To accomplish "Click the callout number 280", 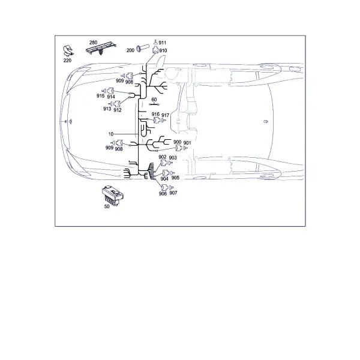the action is [93, 43].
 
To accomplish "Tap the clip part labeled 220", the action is [68, 51].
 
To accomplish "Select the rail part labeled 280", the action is [101, 48].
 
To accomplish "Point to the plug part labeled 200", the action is [142, 49].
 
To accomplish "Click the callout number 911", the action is [163, 43].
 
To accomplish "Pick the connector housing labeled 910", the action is [155, 50].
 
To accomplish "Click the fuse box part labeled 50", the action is [113, 196].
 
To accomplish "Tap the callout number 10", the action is [111, 134].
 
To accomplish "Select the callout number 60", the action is [154, 100].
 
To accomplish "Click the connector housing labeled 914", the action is [111, 91].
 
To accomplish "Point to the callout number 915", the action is [101, 96].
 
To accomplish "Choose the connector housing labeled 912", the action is [118, 104].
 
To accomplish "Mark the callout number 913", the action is [107, 109].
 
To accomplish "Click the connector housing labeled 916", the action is [157, 120].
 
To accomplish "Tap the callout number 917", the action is [166, 115].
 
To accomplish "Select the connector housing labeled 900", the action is [179, 148].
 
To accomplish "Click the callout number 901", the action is [187, 143].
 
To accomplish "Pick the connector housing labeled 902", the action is [164, 163].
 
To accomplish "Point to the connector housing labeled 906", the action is [165, 188].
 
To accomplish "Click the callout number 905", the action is [175, 178].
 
